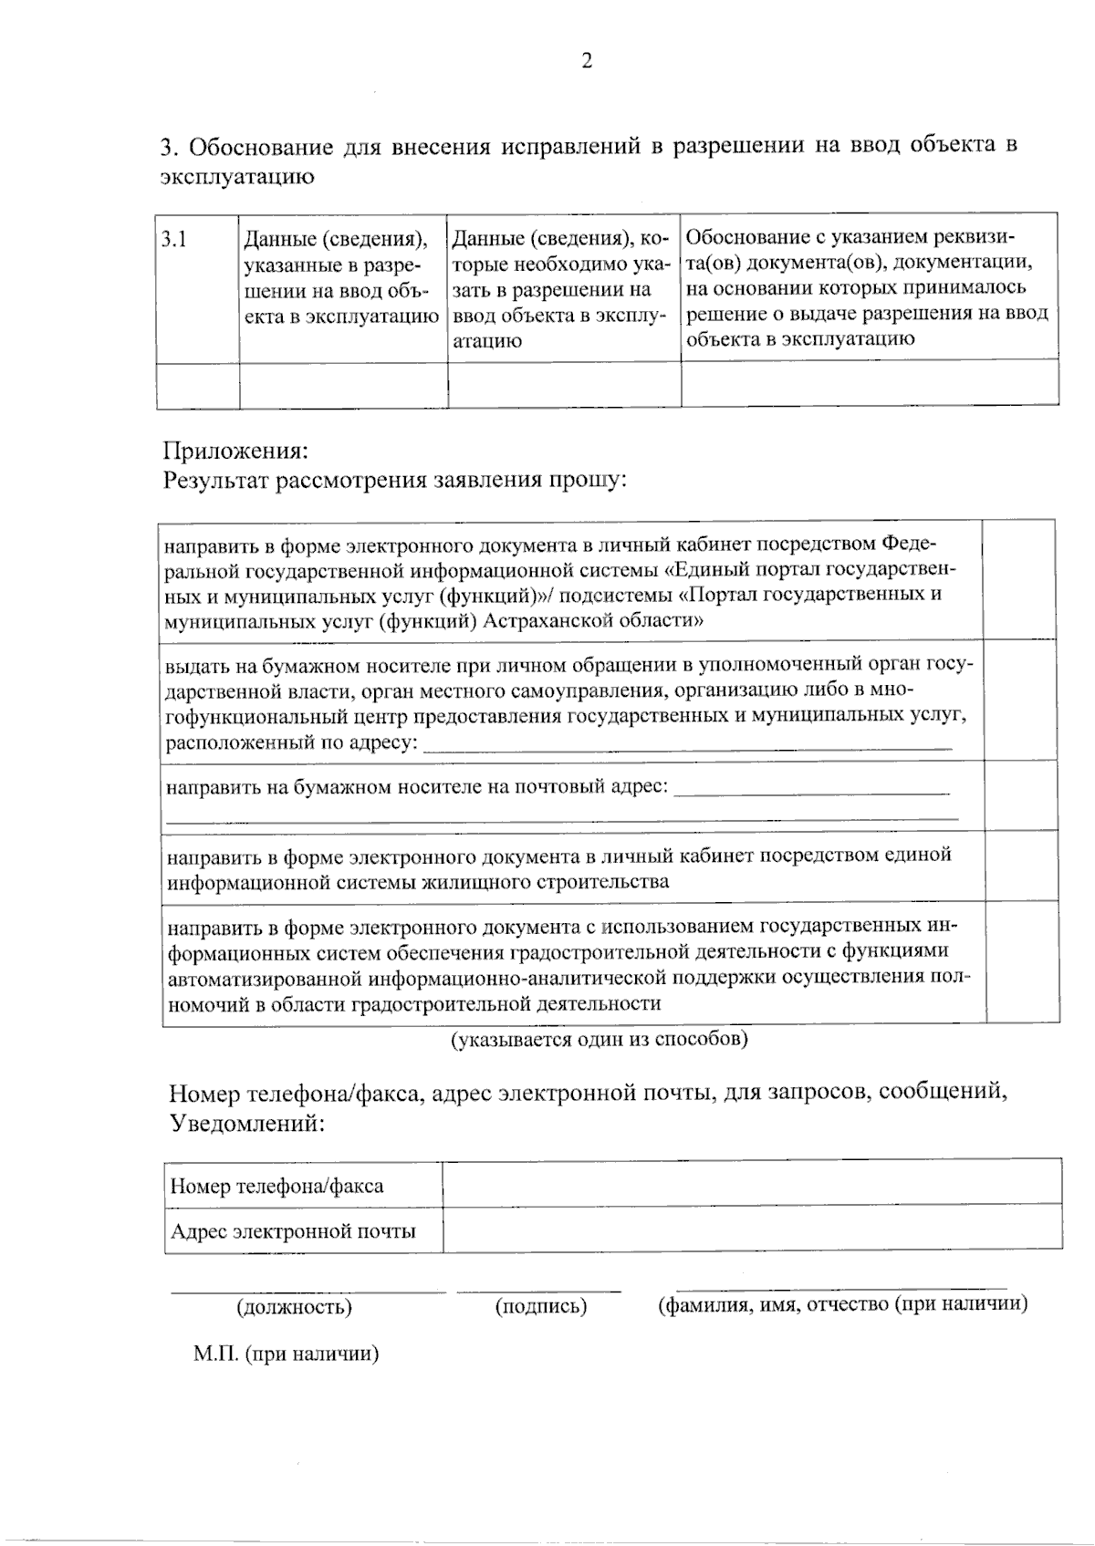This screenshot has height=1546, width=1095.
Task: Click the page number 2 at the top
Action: (x=587, y=62)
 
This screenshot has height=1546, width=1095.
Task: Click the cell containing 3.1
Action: (x=197, y=287)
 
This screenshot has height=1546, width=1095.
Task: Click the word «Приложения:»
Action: (x=235, y=451)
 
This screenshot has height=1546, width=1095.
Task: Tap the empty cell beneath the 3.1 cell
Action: (x=197, y=385)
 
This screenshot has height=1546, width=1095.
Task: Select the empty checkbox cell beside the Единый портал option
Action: (x=1019, y=580)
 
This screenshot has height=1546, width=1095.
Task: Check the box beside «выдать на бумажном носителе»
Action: (x=1020, y=700)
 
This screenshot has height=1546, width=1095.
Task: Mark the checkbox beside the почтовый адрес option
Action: (x=1020, y=795)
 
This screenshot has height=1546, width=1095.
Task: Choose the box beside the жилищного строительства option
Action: (x=1021, y=866)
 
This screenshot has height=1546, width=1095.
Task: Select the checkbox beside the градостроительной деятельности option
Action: (x=1022, y=964)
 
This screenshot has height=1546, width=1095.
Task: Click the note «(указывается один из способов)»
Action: (x=600, y=1039)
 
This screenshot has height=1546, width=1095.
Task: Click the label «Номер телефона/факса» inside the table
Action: (x=276, y=1187)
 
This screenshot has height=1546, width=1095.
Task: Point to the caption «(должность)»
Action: (x=294, y=1307)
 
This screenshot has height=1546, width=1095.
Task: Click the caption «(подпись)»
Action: (x=540, y=1307)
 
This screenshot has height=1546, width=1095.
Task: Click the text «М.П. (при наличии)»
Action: (x=286, y=1354)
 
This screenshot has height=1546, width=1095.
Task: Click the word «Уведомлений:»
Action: (x=246, y=1124)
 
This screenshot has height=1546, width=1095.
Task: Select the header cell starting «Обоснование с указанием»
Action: (x=869, y=287)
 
